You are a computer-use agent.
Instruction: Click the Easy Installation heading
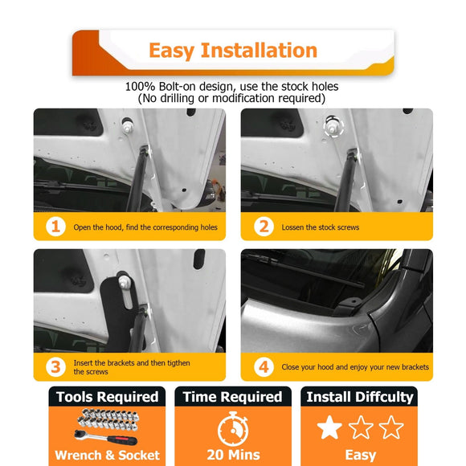pyautogui.click(x=233, y=51)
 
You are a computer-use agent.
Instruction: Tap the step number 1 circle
pyautogui.click(x=55, y=227)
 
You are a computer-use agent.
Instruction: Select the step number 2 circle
pyautogui.click(x=263, y=227)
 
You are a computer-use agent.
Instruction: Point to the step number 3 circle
pyautogui.click(x=55, y=366)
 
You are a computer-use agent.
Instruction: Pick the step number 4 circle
pyautogui.click(x=263, y=366)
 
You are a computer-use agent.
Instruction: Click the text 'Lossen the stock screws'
pyautogui.click(x=320, y=227)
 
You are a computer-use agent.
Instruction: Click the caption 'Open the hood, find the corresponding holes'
pyautogui.click(x=145, y=227)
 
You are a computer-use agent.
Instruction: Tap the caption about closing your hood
pyautogui.click(x=354, y=367)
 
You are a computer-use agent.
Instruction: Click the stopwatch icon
pyautogui.click(x=232, y=427)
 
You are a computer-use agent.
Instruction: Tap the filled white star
pyautogui.click(x=329, y=427)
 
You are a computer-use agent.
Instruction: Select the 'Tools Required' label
pyautogui.click(x=107, y=397)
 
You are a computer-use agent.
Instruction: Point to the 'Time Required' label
pyautogui.click(x=232, y=397)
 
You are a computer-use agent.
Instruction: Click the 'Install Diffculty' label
pyautogui.click(x=359, y=397)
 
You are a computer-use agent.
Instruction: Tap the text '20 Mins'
pyautogui.click(x=232, y=455)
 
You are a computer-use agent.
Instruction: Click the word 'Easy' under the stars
pyautogui.click(x=360, y=455)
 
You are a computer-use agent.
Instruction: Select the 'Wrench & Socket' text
pyautogui.click(x=107, y=456)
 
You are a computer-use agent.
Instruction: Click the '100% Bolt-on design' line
pyautogui.click(x=232, y=86)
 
